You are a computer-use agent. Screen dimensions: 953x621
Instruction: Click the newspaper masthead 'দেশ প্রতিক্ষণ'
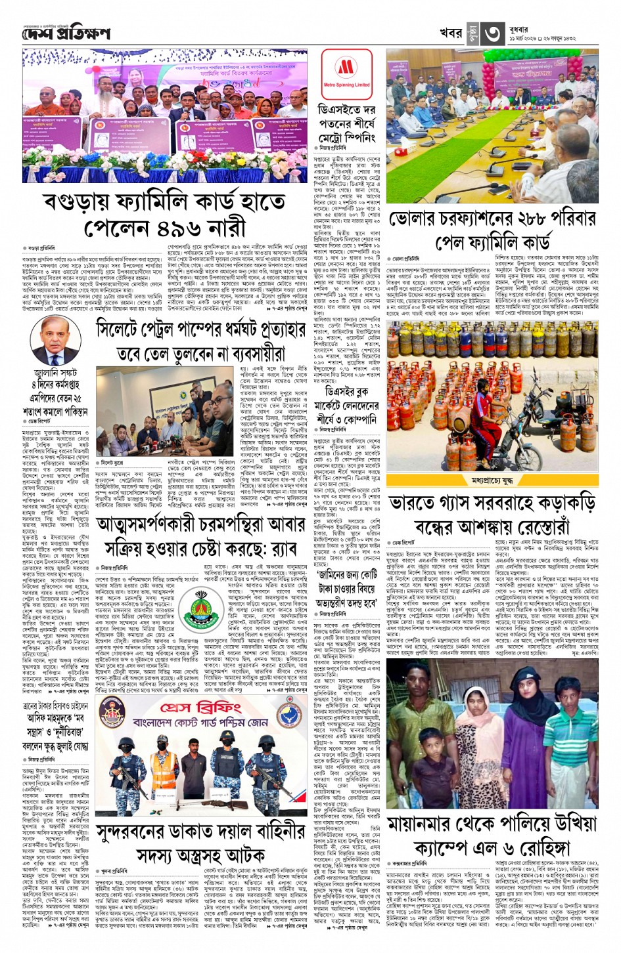point(66,33)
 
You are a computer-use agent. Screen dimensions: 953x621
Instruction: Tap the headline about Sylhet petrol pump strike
point(200,341)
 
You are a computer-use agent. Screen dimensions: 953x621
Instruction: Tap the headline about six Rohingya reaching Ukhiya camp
point(501,834)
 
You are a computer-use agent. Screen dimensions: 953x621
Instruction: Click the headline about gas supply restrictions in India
point(501,515)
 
